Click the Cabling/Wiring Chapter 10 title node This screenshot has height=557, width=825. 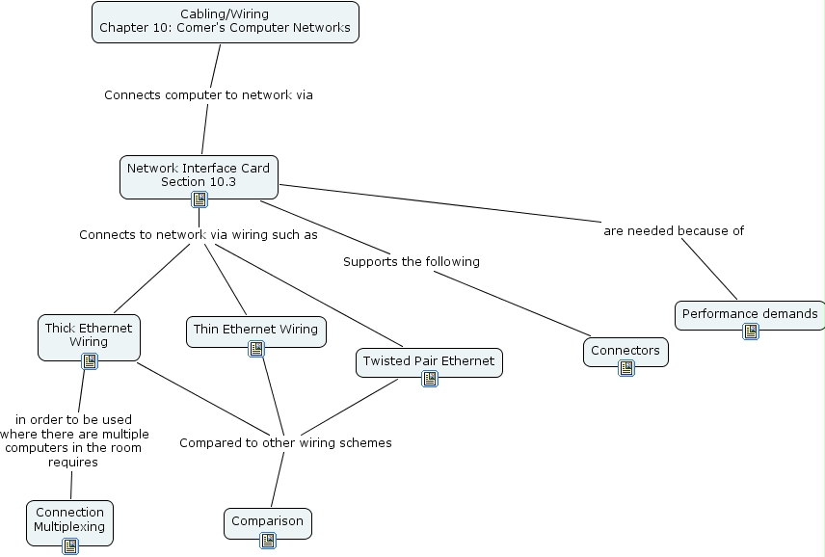(226, 21)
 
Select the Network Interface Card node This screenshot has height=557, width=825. (199, 173)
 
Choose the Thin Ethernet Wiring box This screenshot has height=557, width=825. (255, 329)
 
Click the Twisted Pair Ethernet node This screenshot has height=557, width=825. (429, 360)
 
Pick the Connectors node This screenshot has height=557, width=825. (625, 350)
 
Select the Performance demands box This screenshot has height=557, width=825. (750, 313)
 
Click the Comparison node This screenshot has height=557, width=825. (267, 521)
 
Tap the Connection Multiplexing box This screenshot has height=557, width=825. (69, 519)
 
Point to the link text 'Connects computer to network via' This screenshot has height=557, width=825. (208, 95)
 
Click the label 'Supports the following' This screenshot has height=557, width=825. (412, 261)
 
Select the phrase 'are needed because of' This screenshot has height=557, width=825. (674, 230)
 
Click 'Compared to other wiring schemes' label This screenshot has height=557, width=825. (285, 443)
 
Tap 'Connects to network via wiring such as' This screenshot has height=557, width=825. (199, 234)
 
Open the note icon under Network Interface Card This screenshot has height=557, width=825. (200, 199)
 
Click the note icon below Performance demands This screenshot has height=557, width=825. (751, 332)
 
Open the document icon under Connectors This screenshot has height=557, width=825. (626, 368)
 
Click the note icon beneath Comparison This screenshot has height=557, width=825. (268, 541)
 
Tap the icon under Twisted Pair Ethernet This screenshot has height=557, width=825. (430, 379)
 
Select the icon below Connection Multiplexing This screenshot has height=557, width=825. (70, 546)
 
